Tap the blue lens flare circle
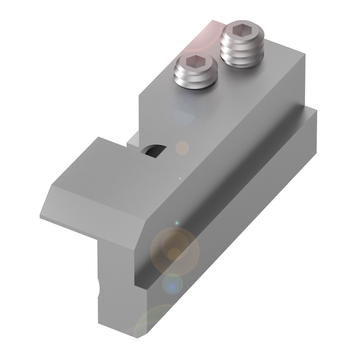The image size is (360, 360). pos(173,284)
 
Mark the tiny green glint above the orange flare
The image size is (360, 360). pos(177,224)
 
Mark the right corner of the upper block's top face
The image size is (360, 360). pos(305,53)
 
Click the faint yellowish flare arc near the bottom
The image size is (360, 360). pos(151,317)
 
